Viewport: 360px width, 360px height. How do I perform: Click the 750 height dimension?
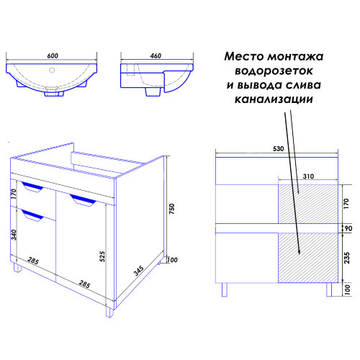pyautogui.click(x=171, y=210)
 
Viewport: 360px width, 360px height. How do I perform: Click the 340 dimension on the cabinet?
pyautogui.click(x=14, y=234)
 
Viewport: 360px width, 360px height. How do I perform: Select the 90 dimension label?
pyautogui.click(x=347, y=228)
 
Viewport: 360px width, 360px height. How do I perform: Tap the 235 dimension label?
pyautogui.click(x=347, y=258)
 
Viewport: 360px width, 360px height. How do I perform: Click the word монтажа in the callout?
pyautogui.click(x=301, y=56)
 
